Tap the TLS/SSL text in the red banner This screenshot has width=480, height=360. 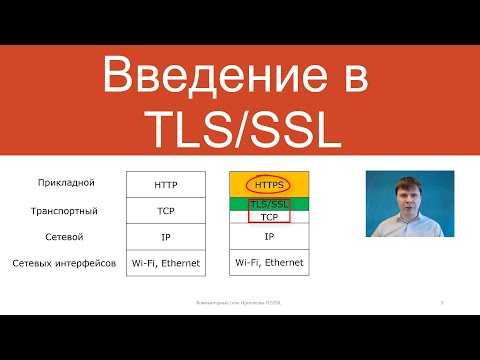point(240,127)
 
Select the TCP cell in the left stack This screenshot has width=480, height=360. point(165,211)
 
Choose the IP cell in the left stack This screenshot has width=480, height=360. point(165,237)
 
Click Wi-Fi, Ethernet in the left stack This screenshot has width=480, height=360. point(165,263)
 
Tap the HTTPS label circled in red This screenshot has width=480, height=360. point(268,184)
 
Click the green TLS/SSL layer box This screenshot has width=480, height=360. point(268,203)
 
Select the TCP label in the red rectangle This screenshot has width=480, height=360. point(268,216)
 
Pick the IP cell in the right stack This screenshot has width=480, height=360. point(268,237)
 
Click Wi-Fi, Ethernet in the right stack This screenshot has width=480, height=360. point(268,263)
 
